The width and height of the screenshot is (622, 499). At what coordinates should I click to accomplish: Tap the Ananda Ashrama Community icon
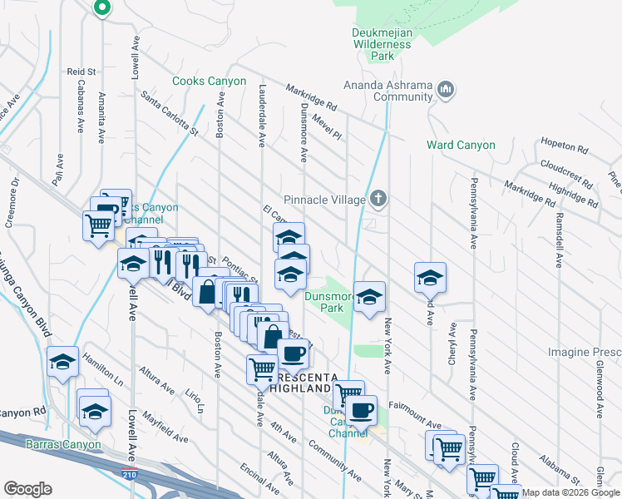(x=445, y=88)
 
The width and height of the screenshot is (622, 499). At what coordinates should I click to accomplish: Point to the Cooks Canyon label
(x=209, y=82)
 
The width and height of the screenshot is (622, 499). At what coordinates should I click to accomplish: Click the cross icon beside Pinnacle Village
(x=378, y=199)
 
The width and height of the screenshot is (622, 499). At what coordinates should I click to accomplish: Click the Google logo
(x=28, y=489)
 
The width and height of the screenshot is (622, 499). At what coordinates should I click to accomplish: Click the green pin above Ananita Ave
(x=102, y=9)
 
